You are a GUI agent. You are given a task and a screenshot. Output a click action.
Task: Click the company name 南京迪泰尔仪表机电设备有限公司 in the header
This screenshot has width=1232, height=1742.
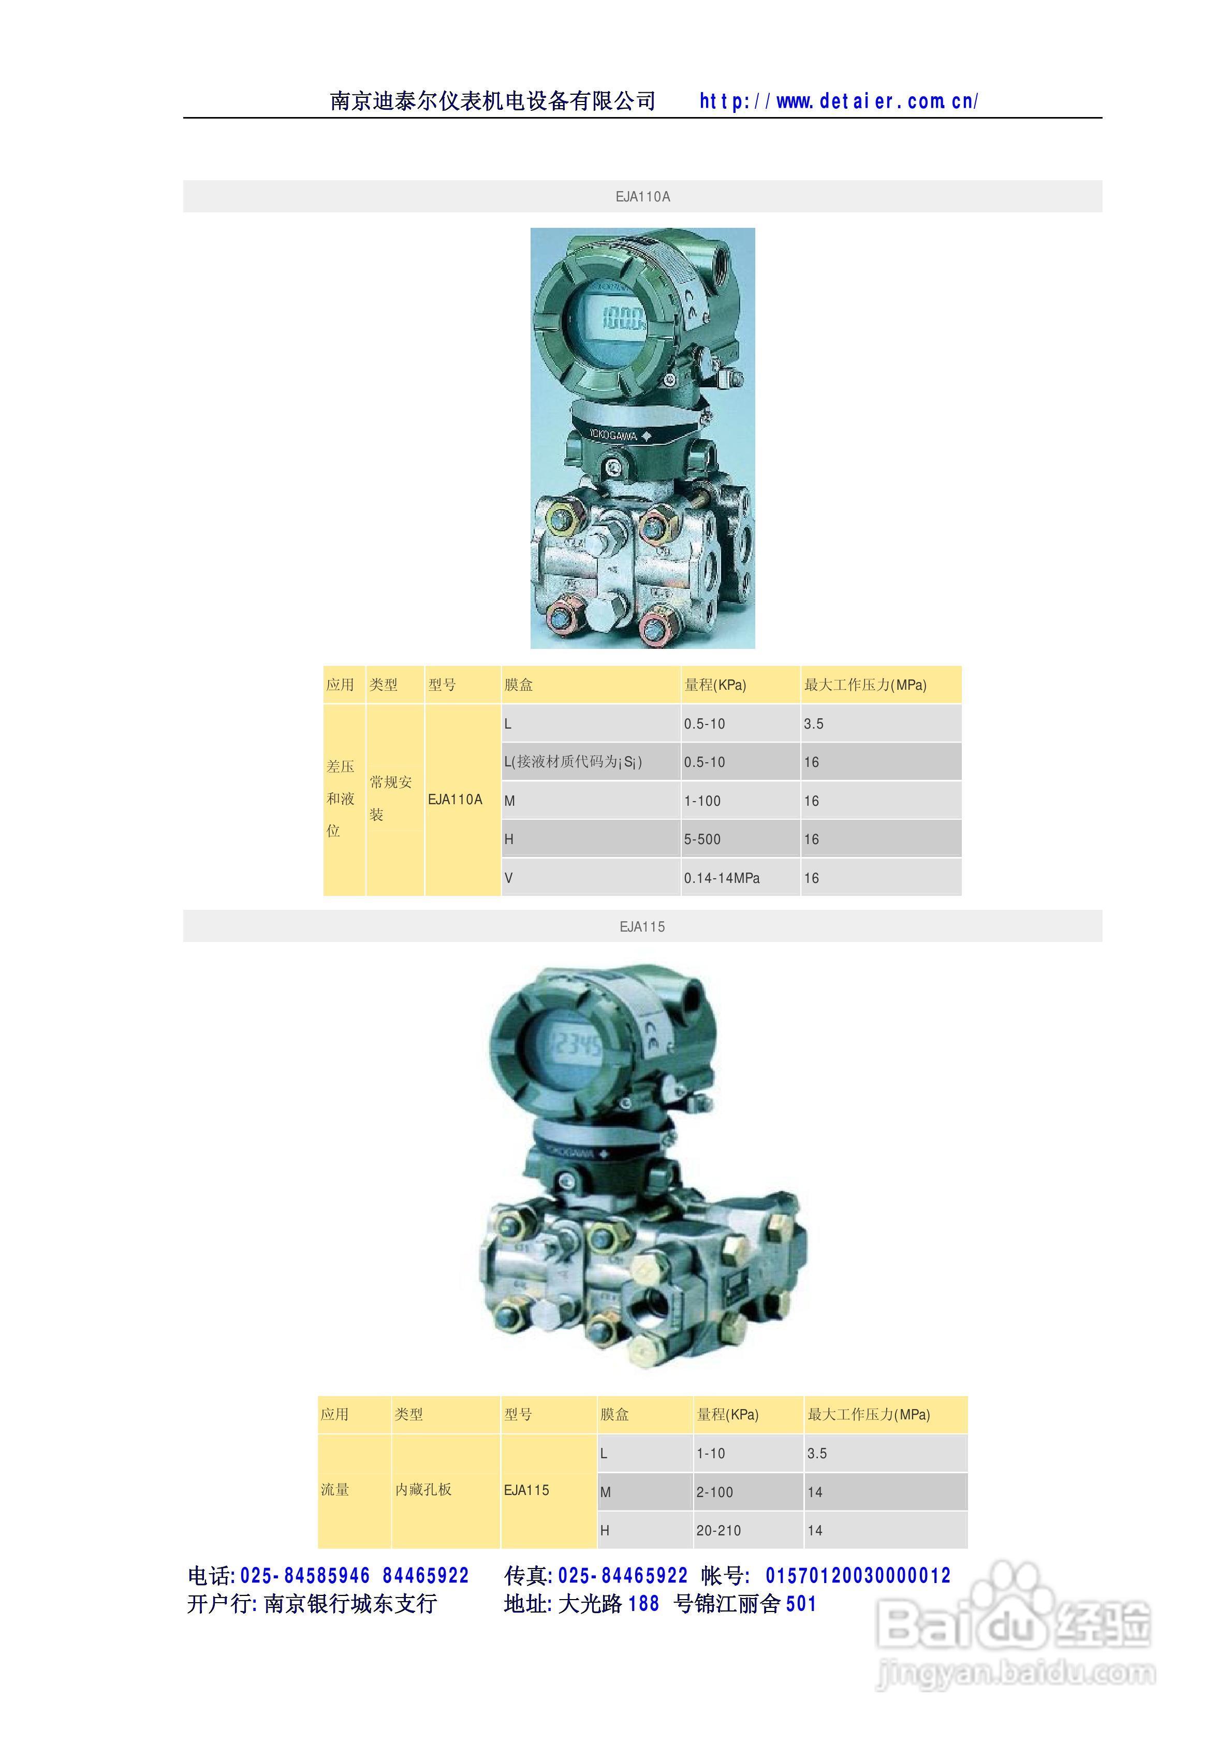point(493,101)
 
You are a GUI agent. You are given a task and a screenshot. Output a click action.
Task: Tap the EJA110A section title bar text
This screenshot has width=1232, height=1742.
point(642,196)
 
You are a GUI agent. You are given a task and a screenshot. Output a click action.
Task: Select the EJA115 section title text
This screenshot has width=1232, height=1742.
point(642,926)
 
